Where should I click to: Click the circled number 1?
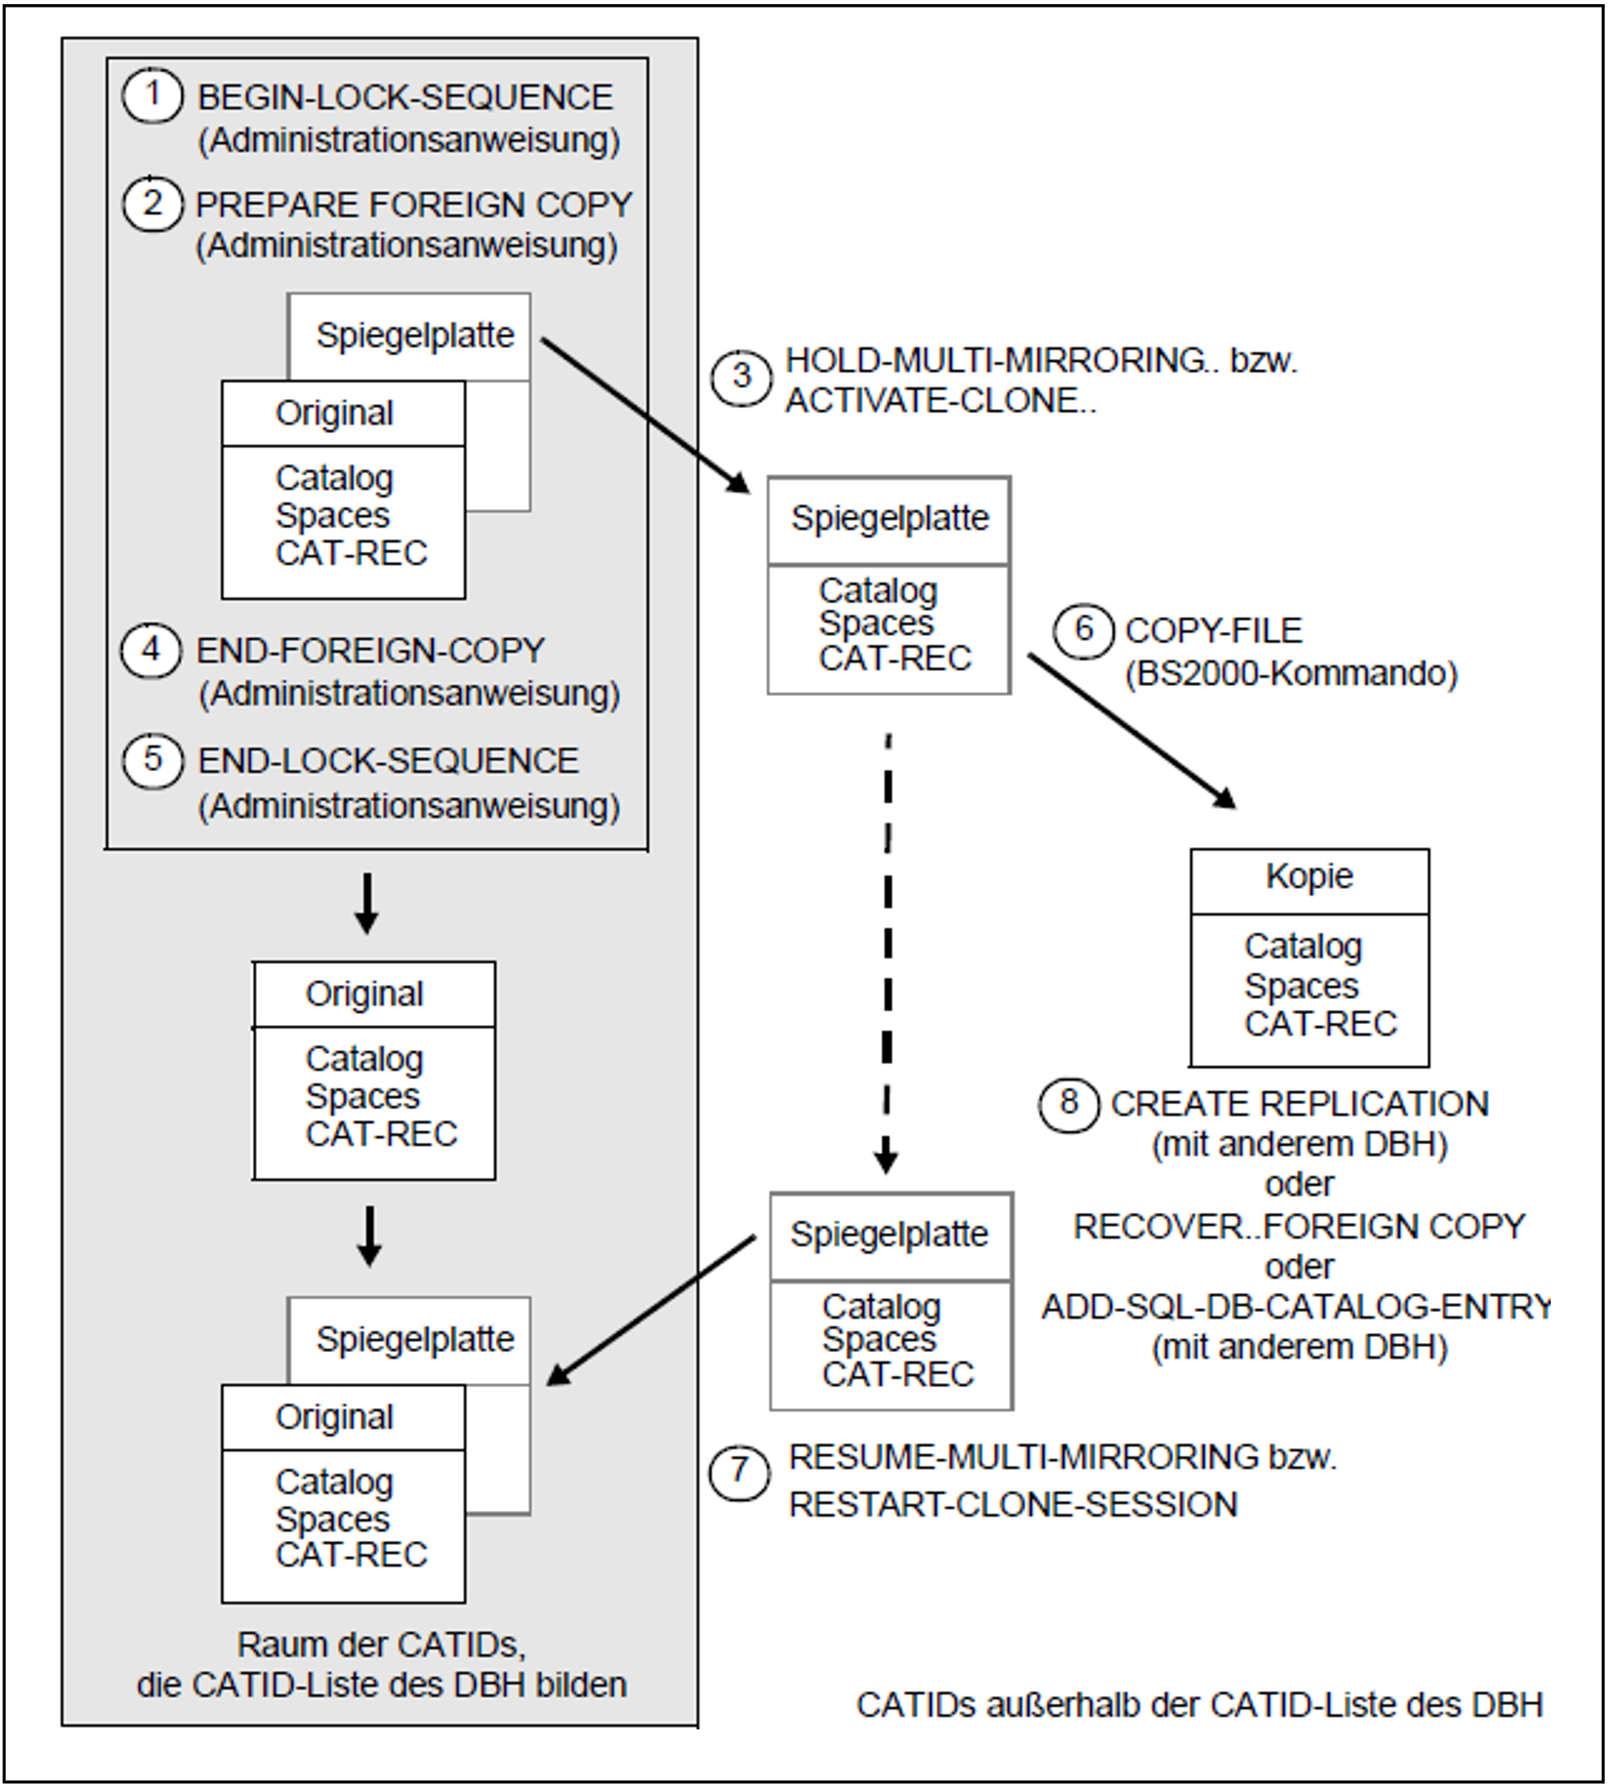153,95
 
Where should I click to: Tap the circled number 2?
153,204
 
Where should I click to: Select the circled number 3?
742,377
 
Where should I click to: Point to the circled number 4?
151,650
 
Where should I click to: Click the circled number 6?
1083,631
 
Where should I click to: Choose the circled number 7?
739,1472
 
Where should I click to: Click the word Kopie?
1310,876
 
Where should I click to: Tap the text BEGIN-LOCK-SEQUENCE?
404,98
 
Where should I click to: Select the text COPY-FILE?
1214,631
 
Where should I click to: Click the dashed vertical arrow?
887,954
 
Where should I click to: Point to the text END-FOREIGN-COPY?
370,650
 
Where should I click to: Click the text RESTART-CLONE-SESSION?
1013,1505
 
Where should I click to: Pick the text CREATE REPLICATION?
1300,1104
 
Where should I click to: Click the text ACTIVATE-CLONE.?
941,401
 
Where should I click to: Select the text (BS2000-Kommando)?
1290,674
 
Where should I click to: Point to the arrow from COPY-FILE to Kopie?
1132,730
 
